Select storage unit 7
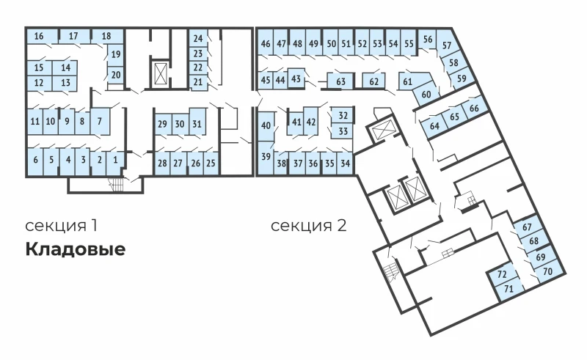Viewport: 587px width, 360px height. (100, 122)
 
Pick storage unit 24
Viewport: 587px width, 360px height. (197, 38)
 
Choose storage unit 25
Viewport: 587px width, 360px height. (211, 164)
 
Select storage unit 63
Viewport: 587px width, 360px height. (340, 81)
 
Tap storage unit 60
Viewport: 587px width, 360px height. (426, 94)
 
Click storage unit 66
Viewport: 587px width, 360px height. (474, 108)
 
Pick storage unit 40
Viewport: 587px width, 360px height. (266, 126)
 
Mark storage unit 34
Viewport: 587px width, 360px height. (345, 164)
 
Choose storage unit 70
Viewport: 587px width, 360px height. (548, 271)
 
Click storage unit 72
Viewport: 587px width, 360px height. (503, 275)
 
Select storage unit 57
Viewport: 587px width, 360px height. (447, 45)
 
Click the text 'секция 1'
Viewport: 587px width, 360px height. (62, 226)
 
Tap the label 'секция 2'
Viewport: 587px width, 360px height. (308, 226)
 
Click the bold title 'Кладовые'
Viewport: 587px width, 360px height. (76, 249)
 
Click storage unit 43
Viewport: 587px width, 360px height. (296, 78)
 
